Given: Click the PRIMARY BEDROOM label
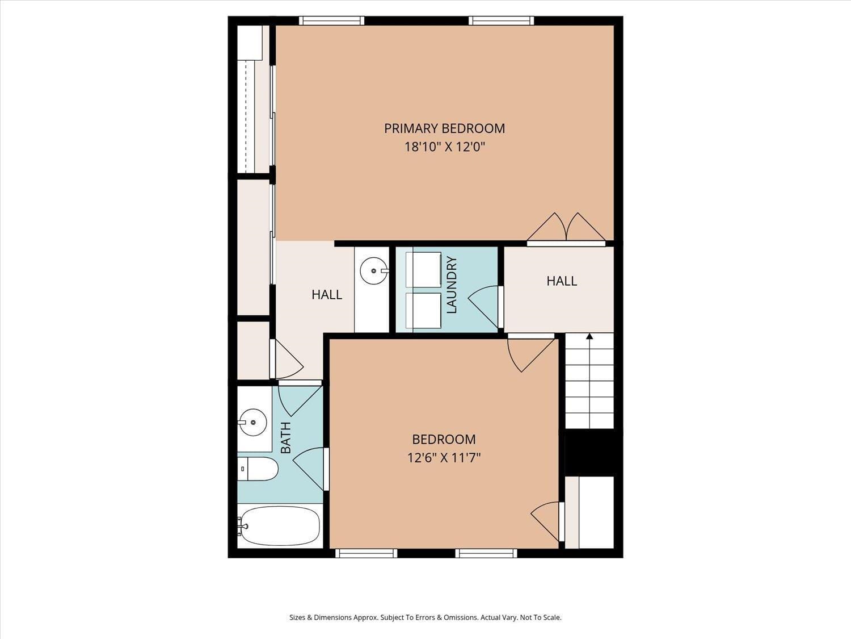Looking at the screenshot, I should coord(444,128).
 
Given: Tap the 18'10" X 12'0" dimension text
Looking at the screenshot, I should coord(444,147).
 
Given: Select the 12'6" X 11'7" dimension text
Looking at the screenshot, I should coord(444,457).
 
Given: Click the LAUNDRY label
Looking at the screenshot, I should coord(452,285).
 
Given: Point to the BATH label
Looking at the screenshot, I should coord(286,437).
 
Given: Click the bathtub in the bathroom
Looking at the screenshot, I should coord(279,525).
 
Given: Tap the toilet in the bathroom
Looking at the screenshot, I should coord(258,469).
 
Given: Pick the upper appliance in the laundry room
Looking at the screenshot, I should coord(423,269).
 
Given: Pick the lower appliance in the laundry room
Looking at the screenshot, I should coord(423,311).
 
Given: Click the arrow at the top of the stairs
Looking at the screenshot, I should coord(589,337).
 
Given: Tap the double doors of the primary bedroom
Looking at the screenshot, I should coord(566,228).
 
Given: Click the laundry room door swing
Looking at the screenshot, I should coord(484,307).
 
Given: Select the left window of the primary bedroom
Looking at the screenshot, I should coord(331,21).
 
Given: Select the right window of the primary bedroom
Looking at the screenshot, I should coord(501,21).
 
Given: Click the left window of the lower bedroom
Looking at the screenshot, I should coord(366,553).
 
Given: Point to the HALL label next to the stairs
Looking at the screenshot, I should coord(562,281).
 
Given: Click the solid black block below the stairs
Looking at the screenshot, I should coord(590,453).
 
